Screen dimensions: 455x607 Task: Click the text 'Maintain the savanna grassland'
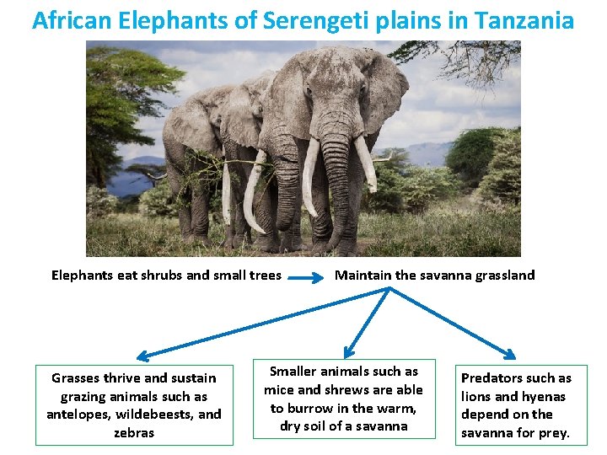click(x=435, y=275)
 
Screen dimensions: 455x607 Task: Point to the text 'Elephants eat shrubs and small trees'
click(x=166, y=275)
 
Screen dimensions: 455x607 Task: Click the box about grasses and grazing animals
click(x=134, y=405)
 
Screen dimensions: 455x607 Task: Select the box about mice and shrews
click(x=344, y=399)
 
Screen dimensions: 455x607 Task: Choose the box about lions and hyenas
click(x=516, y=405)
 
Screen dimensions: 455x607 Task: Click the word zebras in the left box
click(x=134, y=432)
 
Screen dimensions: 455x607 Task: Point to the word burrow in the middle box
click(x=314, y=408)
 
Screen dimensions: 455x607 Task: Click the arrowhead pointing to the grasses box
click(x=143, y=356)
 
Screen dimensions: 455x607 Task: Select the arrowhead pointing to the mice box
click(x=347, y=352)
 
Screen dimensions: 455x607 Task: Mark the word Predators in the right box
click(x=493, y=378)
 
